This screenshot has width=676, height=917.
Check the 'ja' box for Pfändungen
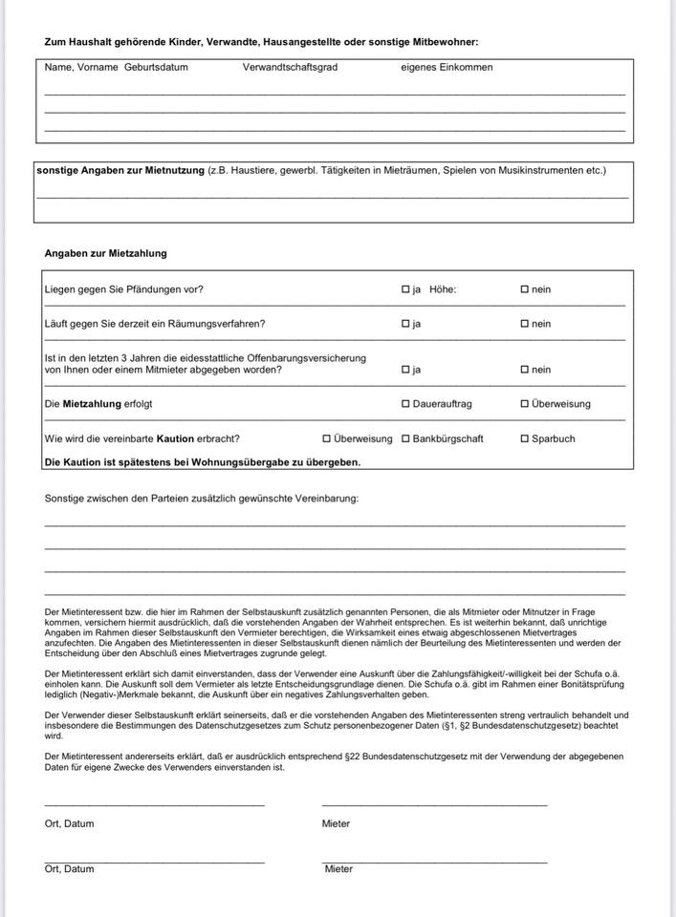point(405,289)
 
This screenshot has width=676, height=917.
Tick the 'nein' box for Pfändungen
point(524,289)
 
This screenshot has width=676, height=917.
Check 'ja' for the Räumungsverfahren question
point(405,324)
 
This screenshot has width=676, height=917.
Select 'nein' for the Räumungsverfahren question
point(524,324)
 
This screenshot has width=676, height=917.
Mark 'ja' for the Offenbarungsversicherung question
point(405,370)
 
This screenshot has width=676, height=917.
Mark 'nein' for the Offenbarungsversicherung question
point(524,370)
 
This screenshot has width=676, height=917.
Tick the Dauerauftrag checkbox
point(405,404)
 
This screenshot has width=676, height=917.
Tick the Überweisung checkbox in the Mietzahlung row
point(524,404)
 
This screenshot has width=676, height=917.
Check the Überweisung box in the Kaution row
point(326,438)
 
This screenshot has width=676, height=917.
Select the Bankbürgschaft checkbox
point(405,438)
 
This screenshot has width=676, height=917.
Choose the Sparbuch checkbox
point(524,438)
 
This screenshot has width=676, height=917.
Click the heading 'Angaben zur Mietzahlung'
point(105,253)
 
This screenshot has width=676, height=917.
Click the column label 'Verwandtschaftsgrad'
point(290,68)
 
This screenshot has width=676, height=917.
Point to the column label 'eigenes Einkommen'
point(447,68)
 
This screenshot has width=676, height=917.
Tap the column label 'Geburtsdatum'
point(156,68)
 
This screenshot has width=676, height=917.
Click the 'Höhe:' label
point(443,289)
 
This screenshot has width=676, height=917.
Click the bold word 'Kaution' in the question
point(176,438)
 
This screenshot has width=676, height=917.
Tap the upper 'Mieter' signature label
point(336,823)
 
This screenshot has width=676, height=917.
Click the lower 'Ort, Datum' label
point(69,869)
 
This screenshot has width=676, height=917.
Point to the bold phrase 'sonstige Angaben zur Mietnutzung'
point(120,170)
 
